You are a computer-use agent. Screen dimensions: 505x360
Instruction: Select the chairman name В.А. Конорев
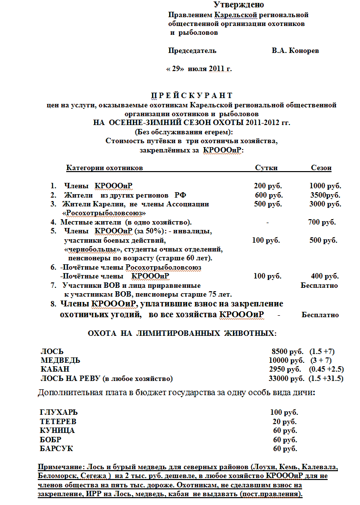[297, 50]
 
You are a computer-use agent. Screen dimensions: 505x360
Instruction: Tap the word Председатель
[192, 50]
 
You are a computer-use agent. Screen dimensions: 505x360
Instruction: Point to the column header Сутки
[266, 168]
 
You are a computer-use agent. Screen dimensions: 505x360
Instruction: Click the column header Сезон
[321, 168]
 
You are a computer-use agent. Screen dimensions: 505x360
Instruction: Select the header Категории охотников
[105, 168]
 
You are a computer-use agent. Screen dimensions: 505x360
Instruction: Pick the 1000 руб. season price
[326, 186]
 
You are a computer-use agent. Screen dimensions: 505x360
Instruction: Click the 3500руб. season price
[326, 195]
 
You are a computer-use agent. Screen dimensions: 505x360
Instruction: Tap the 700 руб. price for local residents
[322, 222]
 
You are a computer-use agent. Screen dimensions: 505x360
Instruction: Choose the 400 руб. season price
[325, 276]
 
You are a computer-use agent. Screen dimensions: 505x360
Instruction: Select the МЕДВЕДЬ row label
[60, 360]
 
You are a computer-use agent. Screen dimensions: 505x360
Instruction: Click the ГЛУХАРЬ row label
[59, 412]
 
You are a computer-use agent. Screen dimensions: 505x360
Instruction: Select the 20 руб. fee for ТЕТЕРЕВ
[284, 422]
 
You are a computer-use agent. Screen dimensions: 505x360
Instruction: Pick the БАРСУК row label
[55, 449]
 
